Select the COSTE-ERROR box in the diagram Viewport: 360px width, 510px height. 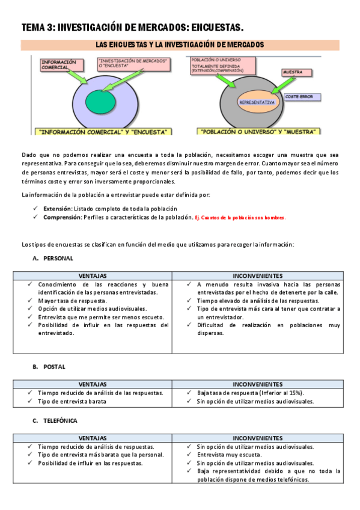pos(302,96)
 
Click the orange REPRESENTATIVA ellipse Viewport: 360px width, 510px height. pos(257,102)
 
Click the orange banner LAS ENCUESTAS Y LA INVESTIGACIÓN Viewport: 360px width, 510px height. pos(180,45)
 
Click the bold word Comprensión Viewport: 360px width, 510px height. pos(62,217)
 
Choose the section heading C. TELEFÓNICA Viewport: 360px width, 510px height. pos(55,420)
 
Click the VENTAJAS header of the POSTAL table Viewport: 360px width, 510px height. pos(93,384)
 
